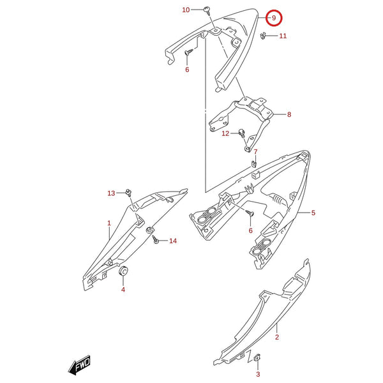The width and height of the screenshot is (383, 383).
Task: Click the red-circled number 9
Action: point(274,18)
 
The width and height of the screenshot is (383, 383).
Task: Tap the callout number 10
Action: point(186,10)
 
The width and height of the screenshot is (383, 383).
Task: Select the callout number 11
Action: point(283,36)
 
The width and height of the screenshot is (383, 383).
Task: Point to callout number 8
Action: point(289,114)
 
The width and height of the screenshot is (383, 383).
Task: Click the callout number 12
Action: point(225,133)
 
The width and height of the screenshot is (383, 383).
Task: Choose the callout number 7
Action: point(255,152)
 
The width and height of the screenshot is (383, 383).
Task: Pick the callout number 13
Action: point(111,193)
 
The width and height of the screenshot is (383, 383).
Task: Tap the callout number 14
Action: point(173,241)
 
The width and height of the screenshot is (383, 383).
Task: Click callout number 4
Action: point(123,290)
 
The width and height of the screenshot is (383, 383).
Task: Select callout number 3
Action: point(258,374)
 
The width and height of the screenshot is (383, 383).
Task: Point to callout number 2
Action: point(277,337)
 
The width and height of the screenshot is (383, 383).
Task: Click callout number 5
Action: point(313,213)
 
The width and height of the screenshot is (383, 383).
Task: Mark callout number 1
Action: point(109,223)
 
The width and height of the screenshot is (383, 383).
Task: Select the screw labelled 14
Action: point(155,239)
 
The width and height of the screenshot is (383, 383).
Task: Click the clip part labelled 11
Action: point(263,36)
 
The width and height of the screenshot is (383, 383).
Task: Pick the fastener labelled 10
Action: point(207,11)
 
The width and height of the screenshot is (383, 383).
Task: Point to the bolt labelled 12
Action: point(241,133)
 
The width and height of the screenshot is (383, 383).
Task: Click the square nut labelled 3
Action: point(257,357)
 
